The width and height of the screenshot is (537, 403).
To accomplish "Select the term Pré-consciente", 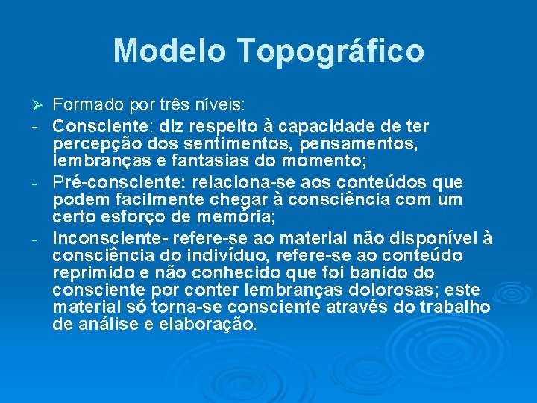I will click(x=119, y=183).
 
